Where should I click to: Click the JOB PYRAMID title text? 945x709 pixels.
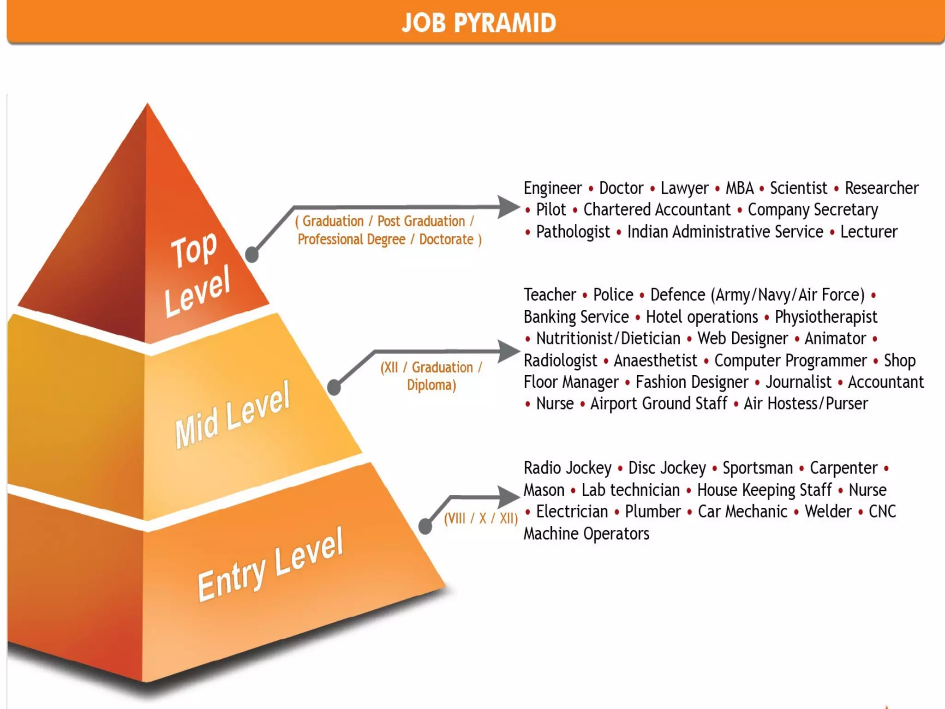(479, 23)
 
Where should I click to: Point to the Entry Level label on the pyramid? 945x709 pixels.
(270, 565)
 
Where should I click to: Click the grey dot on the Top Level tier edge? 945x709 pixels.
(251, 254)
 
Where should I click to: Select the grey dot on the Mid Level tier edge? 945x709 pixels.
(334, 387)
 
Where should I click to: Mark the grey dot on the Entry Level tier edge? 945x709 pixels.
(425, 525)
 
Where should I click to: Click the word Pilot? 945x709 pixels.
(550, 210)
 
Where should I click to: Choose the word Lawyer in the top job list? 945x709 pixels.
(684, 188)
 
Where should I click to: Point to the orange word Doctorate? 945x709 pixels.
(446, 240)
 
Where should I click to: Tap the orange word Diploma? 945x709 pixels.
(431, 385)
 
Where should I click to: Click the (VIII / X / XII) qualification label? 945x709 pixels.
(481, 518)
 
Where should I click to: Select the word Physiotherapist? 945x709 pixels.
(826, 317)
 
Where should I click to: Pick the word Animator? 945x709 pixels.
(835, 339)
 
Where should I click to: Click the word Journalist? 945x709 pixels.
(798, 382)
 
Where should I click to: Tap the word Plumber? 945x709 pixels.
(652, 511)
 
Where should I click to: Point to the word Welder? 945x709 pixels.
(828, 511)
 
